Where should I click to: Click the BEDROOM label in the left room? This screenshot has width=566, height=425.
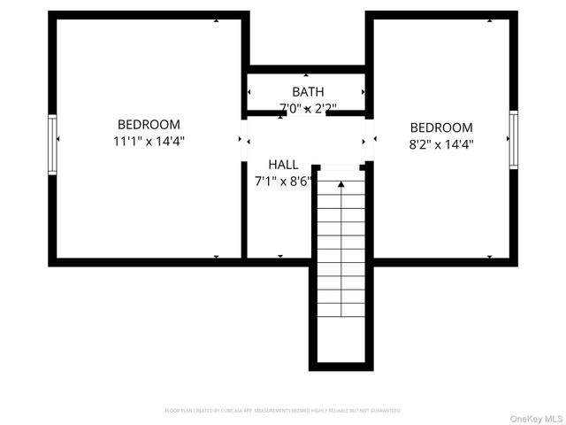click(x=149, y=125)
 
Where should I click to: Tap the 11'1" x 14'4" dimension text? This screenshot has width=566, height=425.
click(x=149, y=141)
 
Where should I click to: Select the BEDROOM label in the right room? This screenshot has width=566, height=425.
click(x=441, y=127)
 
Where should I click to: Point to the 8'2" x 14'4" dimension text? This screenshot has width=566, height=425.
click(x=441, y=143)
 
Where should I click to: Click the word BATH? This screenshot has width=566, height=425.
click(x=308, y=91)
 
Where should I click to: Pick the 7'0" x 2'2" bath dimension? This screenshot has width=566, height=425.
click(x=308, y=109)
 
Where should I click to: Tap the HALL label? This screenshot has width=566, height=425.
click(x=283, y=165)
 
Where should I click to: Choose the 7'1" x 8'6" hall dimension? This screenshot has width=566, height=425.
click(x=283, y=181)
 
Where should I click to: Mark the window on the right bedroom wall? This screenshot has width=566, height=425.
click(x=513, y=139)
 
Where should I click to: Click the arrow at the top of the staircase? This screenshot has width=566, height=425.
click(x=340, y=184)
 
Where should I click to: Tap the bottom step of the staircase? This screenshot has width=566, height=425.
click(x=340, y=310)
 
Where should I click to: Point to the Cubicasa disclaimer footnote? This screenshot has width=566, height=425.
click(x=283, y=411)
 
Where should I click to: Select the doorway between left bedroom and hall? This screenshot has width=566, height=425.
click(x=243, y=139)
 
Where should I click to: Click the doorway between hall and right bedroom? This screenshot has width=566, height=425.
click(x=369, y=139)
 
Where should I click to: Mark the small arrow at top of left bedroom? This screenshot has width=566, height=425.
click(x=216, y=20)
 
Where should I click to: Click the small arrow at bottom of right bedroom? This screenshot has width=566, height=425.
click(x=489, y=257)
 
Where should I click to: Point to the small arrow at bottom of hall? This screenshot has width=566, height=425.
click(x=280, y=257)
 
